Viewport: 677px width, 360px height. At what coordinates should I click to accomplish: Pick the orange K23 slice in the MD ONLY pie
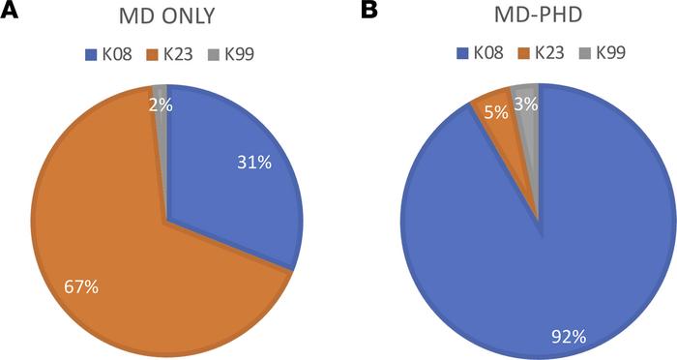[106, 213]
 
